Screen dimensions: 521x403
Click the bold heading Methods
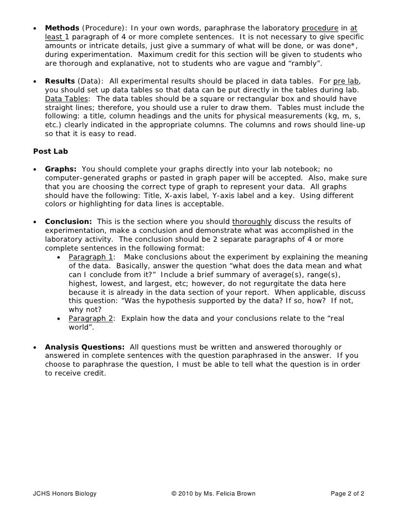(62, 28)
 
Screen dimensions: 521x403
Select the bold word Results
(60, 81)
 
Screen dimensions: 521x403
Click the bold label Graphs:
(61, 169)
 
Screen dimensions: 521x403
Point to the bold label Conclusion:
(68, 222)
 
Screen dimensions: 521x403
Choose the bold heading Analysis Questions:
(85, 347)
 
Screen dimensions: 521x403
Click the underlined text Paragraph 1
(90, 257)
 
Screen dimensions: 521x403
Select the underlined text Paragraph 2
(90, 319)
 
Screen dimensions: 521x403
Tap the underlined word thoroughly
(251, 222)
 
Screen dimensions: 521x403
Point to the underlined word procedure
(319, 28)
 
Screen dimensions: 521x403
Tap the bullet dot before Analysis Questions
(35, 347)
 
